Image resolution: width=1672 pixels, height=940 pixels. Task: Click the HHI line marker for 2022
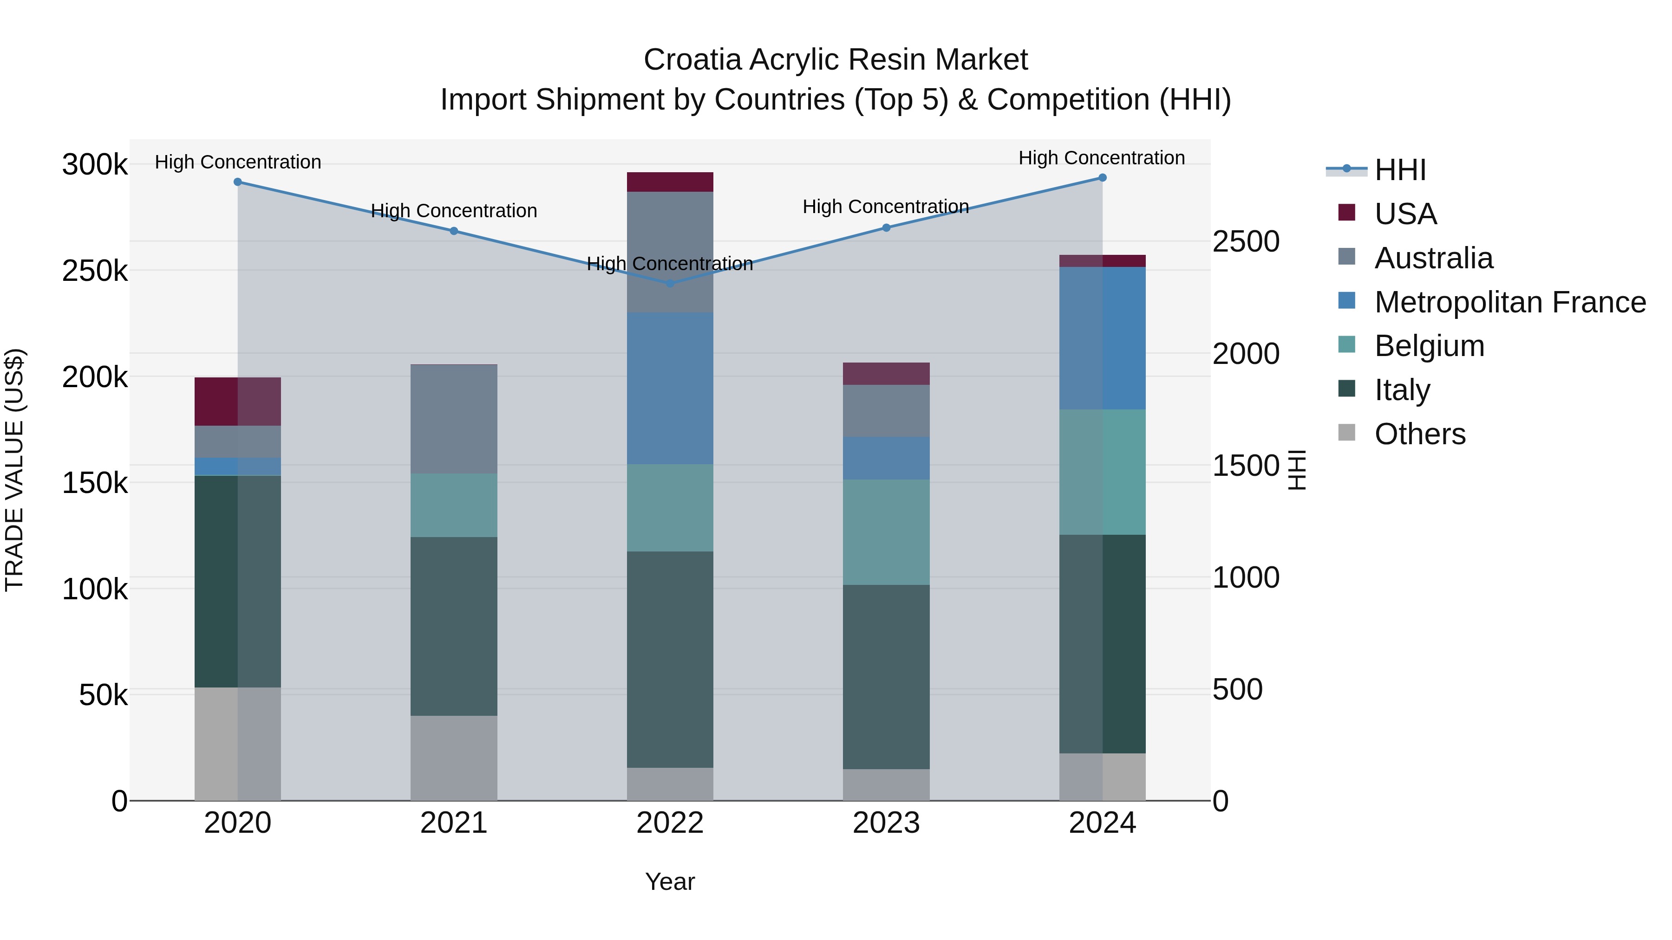coord(670,284)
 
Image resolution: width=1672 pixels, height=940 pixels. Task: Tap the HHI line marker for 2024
coord(1102,178)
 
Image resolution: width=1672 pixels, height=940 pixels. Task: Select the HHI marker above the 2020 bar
coord(237,182)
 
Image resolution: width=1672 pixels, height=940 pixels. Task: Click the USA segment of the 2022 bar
coord(670,182)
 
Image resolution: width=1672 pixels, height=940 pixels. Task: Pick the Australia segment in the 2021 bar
coord(454,419)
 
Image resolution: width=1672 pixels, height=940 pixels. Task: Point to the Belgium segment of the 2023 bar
coord(886,532)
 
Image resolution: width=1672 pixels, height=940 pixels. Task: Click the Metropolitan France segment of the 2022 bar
coord(670,388)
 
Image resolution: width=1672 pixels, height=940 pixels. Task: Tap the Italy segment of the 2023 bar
coord(886,677)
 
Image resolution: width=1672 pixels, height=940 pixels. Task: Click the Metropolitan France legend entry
coord(1510,302)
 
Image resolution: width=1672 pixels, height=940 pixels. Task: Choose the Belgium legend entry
coord(1429,346)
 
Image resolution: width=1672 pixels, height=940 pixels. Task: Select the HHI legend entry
coord(1400,170)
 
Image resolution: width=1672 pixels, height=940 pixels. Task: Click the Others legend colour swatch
coord(1347,433)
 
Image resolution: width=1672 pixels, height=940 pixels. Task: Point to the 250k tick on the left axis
coord(95,271)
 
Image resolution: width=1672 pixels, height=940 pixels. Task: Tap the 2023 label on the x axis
coord(886,823)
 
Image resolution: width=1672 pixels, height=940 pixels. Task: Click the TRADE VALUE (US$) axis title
coord(14,470)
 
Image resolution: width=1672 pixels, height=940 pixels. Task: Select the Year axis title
coord(670,882)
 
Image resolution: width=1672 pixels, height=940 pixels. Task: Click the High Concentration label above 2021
coord(454,211)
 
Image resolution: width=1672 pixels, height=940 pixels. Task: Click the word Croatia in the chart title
coord(692,60)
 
